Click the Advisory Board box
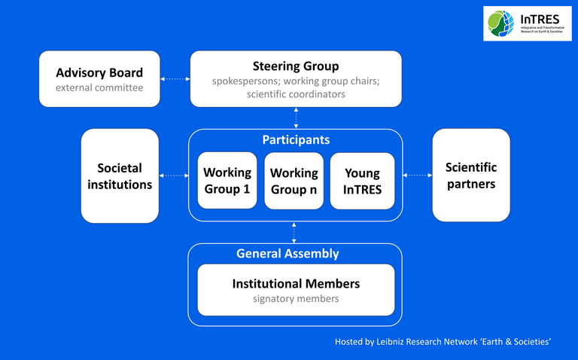point(99,79)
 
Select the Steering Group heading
point(295,66)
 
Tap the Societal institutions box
point(120,175)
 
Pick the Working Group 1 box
point(227,181)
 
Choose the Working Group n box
point(294,181)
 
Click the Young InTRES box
point(362,181)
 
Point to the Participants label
point(295,140)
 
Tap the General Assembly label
point(287,254)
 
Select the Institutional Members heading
point(296,284)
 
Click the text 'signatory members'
point(296,299)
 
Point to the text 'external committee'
point(99,87)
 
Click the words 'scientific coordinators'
point(296,94)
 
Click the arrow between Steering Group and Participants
point(295,118)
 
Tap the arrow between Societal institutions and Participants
point(174,175)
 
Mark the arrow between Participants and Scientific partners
point(418,175)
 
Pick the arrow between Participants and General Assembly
point(294,232)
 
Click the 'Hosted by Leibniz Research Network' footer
point(443,342)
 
